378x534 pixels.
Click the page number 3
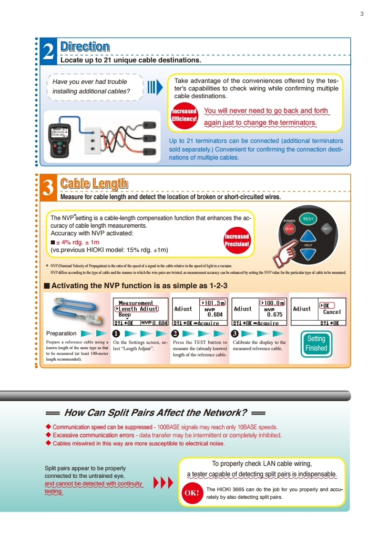coord(362,14)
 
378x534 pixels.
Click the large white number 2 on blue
coord(49,52)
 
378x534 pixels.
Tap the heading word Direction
coord(85,47)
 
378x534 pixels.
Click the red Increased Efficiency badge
coord(184,115)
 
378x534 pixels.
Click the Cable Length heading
coord(94,183)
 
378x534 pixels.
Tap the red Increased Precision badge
coord(237,240)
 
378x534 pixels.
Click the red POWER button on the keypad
coord(289,229)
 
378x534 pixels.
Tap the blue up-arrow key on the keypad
coord(308,236)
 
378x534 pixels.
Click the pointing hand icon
coord(285,254)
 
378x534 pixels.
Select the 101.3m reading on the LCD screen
coord(213,303)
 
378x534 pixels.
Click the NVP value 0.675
coord(275,315)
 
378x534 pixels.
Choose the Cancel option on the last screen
coord(332,312)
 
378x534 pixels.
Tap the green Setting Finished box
coord(317,343)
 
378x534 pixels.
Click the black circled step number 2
coord(175,334)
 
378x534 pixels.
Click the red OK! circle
coord(192,493)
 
